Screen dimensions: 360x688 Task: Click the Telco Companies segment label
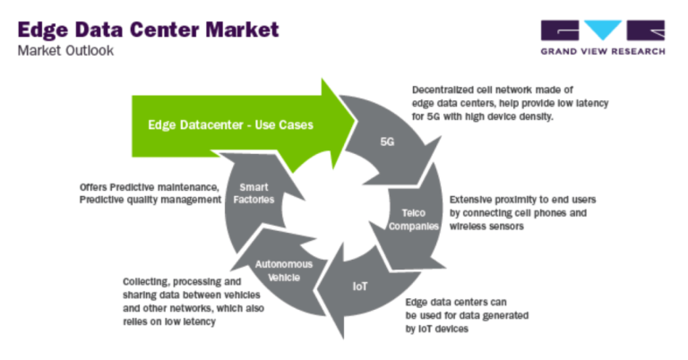(x=418, y=220)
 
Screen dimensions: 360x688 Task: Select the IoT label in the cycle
(x=358, y=289)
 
